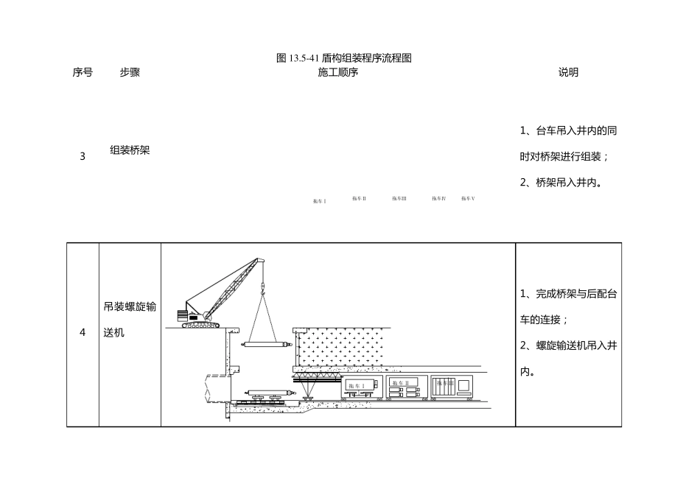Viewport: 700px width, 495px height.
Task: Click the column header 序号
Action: [x=83, y=72]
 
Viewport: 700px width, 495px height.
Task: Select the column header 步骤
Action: [x=130, y=72]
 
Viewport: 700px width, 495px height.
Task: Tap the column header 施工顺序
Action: [x=338, y=72]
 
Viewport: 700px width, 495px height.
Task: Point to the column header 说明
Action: [x=568, y=72]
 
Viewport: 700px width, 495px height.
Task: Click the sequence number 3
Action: [x=83, y=156]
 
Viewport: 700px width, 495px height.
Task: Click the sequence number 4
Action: [x=83, y=332]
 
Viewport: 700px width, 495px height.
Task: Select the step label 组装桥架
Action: [x=130, y=150]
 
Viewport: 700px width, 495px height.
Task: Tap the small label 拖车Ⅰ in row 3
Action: [x=319, y=201]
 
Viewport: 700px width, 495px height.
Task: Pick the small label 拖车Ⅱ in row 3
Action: [x=359, y=198]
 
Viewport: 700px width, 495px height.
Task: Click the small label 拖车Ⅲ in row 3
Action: [x=399, y=198]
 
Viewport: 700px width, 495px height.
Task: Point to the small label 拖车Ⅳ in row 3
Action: [x=439, y=198]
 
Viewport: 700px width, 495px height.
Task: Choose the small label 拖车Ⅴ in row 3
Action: [x=469, y=198]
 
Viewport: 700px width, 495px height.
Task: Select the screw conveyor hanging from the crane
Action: [x=267, y=344]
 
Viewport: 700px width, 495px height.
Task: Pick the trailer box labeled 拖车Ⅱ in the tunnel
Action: [x=403, y=387]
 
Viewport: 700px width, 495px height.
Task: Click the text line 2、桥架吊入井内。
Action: [x=561, y=182]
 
